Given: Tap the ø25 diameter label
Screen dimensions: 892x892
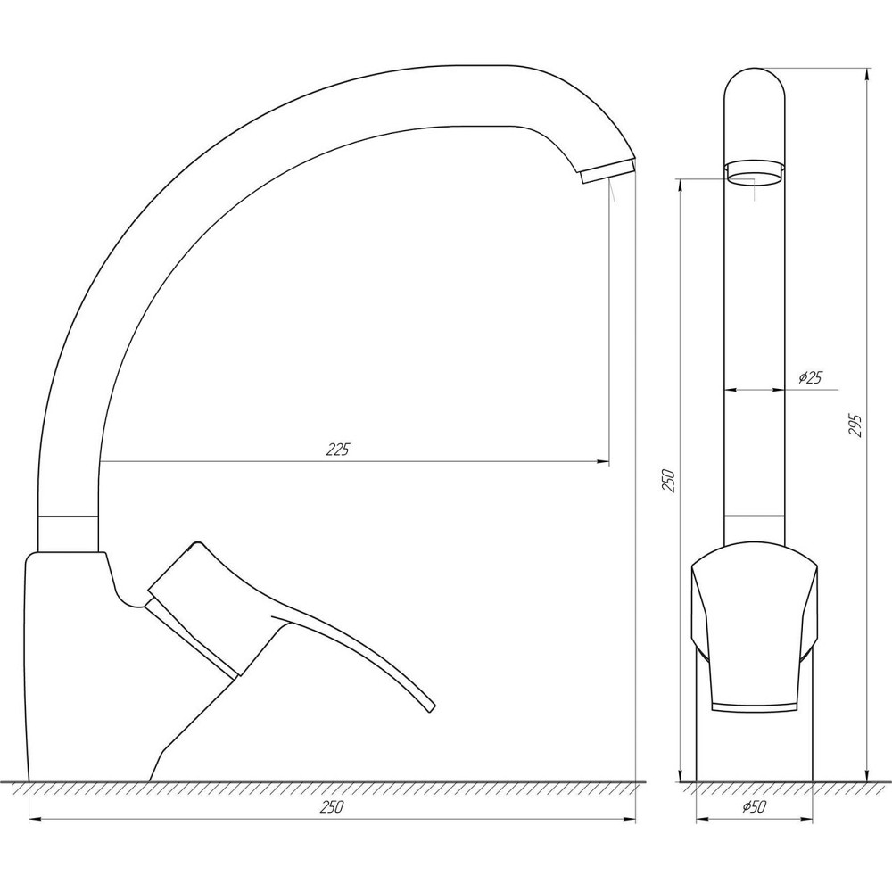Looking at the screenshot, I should (809, 378).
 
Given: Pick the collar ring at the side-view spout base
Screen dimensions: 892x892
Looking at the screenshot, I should (70, 533).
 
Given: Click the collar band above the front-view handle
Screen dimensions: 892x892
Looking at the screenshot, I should (755, 530).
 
